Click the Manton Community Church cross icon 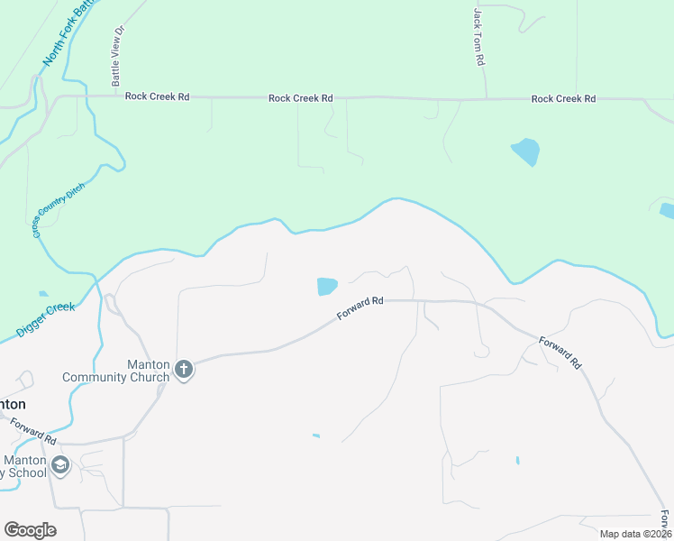(184, 369)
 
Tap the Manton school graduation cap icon (60, 465)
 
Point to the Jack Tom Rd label (479, 39)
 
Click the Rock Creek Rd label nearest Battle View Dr (158, 96)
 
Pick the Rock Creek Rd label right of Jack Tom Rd (563, 98)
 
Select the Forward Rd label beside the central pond (360, 309)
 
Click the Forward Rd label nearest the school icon (34, 429)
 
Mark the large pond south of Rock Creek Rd (525, 151)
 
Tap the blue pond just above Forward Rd (326, 287)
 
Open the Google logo (30, 530)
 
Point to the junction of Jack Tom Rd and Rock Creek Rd (486, 98)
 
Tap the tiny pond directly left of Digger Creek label (43, 294)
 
